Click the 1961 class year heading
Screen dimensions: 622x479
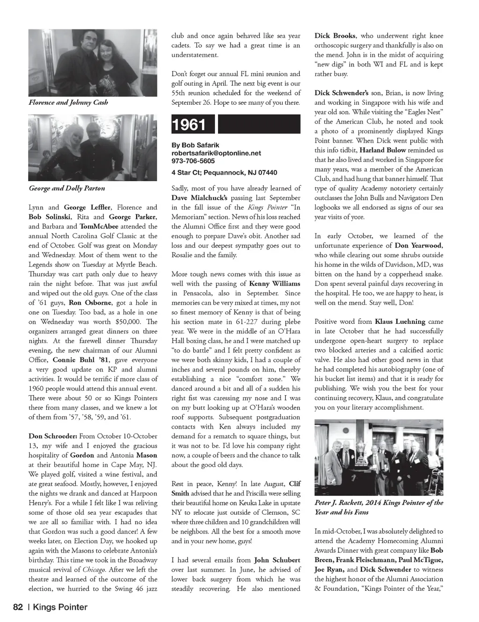pos(189,125)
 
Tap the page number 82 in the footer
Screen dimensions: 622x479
pos(18,607)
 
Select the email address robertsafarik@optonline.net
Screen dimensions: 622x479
pos(216,153)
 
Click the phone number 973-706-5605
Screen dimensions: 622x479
pos(193,161)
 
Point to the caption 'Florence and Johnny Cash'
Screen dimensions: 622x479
pos(68,102)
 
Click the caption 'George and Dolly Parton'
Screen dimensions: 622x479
pos(67,188)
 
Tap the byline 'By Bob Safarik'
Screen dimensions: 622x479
pos(195,145)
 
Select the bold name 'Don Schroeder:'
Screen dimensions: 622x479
pos(53,436)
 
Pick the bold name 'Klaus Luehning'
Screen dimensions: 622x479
pos(400,322)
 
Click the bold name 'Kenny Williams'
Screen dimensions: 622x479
pos(275,284)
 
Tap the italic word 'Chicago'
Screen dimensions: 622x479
pos(94,570)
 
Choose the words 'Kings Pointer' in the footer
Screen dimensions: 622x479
pos(60,607)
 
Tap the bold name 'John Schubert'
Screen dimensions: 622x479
pos(277,560)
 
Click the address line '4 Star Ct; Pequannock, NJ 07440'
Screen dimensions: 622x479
pos(224,173)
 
